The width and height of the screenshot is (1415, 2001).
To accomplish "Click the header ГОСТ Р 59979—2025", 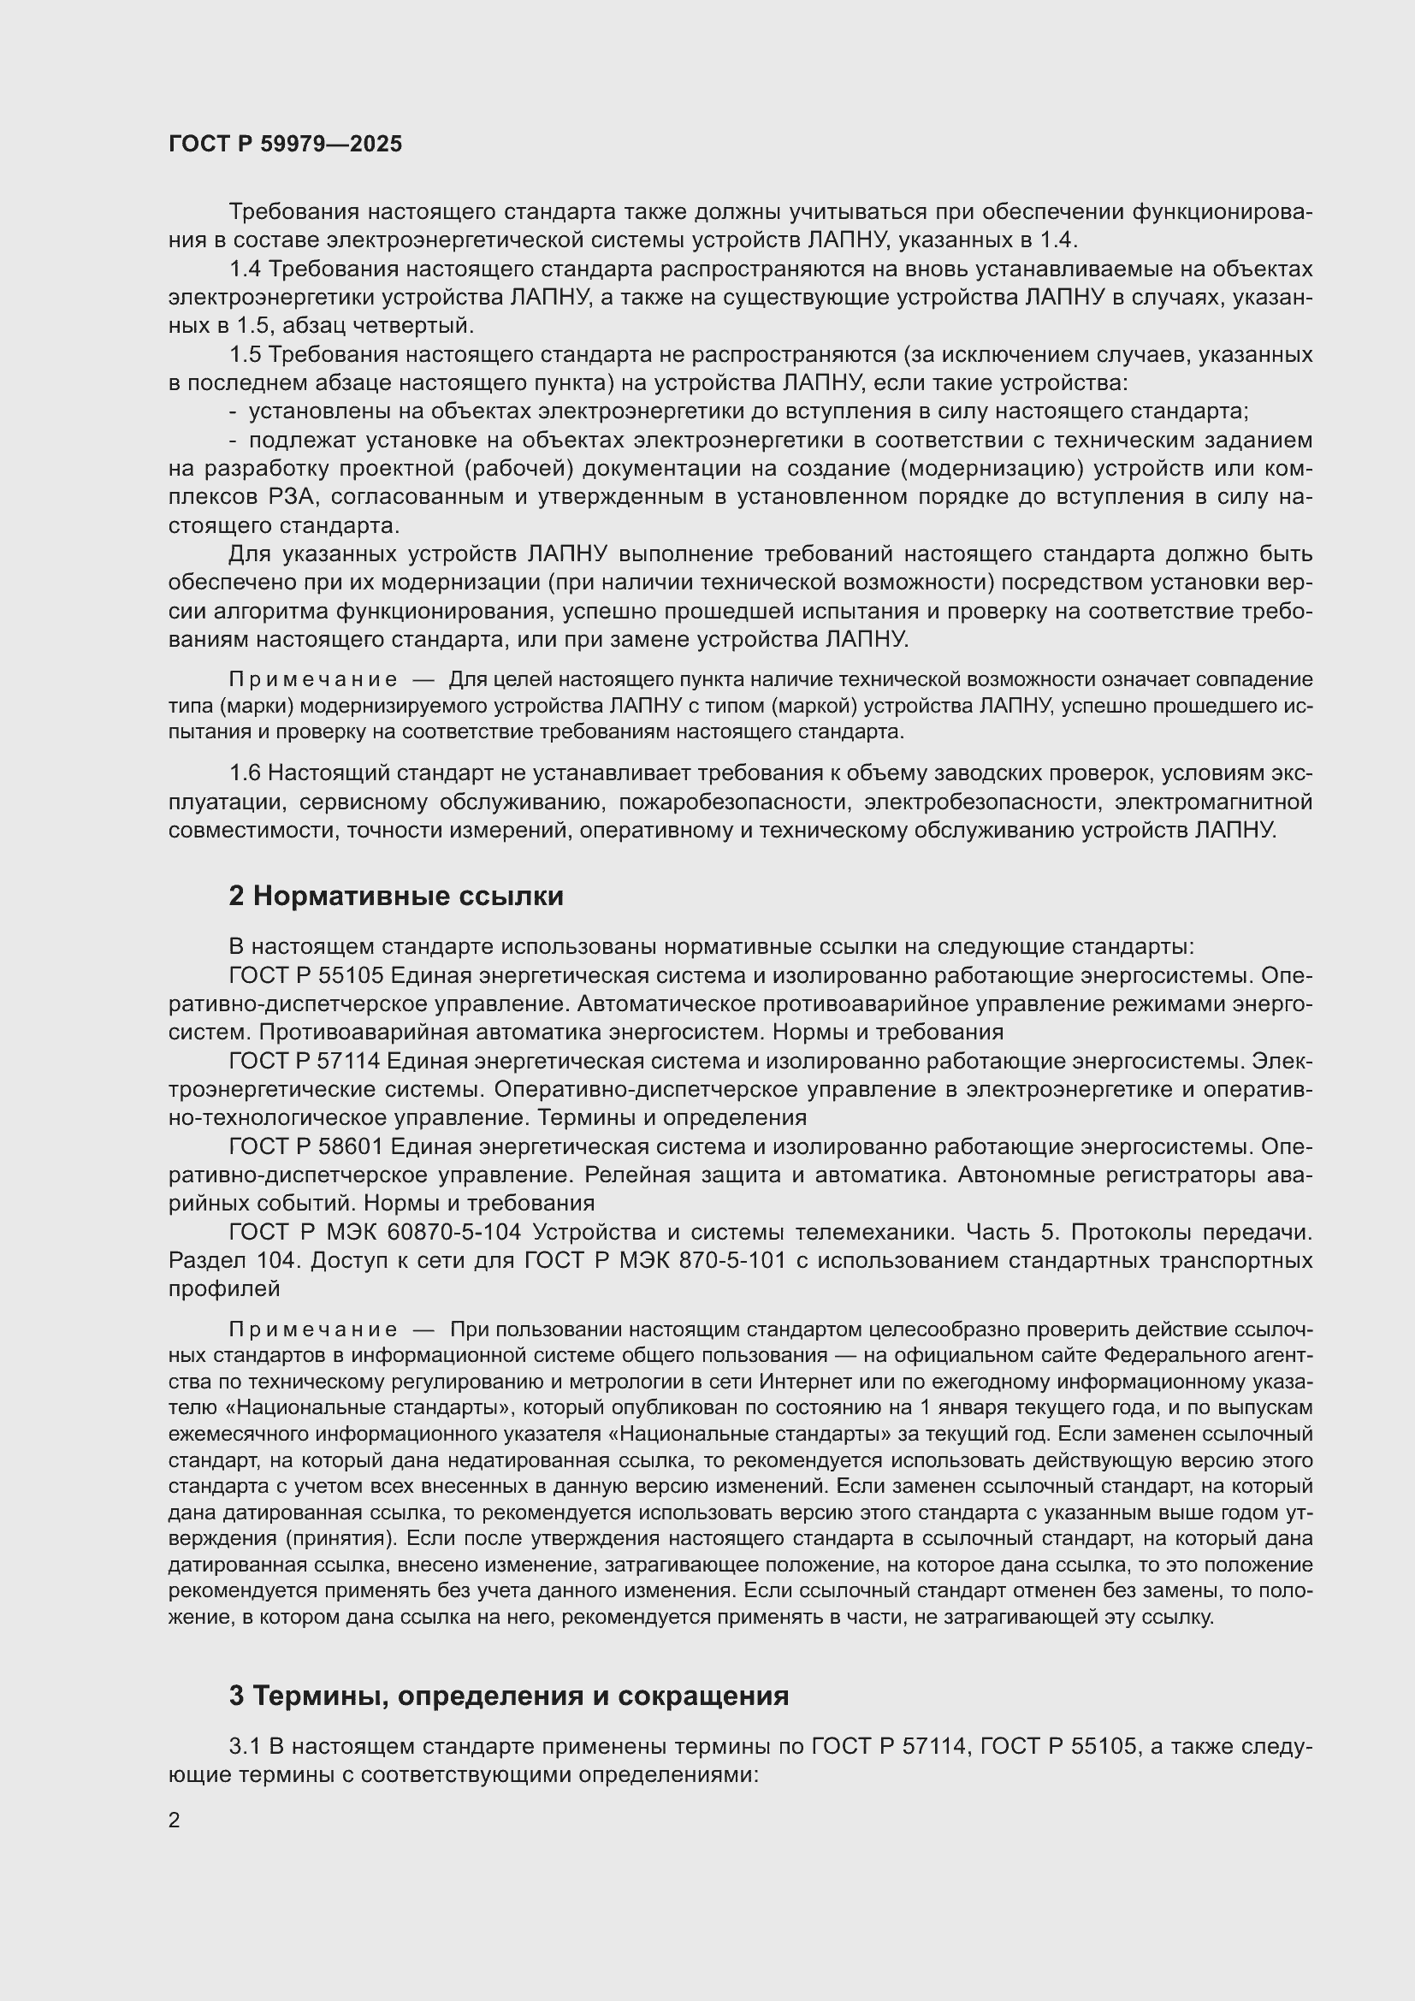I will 285,144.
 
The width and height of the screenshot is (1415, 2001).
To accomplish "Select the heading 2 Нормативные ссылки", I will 395,896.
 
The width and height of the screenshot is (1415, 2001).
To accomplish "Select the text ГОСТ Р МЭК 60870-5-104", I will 375,1231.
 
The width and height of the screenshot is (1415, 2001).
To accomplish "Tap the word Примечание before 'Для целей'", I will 313,680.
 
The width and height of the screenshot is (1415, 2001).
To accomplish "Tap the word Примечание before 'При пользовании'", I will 313,1329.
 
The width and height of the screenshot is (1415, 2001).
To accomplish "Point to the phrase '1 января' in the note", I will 984,1407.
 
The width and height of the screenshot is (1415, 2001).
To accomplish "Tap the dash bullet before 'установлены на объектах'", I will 233,411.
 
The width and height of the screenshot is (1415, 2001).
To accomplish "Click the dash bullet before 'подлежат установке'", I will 233,440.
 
